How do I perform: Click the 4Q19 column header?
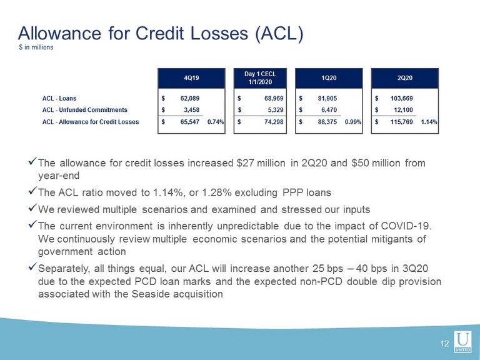191,78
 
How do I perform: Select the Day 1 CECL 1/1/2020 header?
260,78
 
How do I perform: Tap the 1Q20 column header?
329,78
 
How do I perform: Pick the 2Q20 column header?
405,78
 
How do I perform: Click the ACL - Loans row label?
59,99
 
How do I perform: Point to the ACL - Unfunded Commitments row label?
85,110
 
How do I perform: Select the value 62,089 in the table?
190,99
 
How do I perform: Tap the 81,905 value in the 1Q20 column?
327,99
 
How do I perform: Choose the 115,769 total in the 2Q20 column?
402,122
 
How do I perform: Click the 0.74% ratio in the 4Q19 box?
216,122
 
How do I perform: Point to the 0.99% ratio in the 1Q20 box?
353,122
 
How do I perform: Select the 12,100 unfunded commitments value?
404,110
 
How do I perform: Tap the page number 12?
444,344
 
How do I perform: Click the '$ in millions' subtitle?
36,47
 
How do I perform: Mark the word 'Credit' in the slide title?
161,33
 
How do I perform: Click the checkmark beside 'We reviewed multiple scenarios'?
32,208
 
